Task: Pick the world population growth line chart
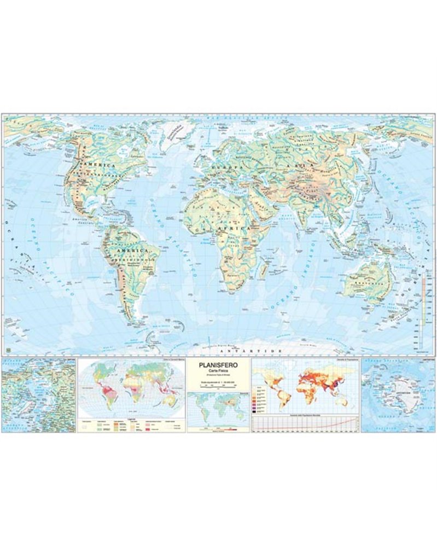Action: (x=305, y=423)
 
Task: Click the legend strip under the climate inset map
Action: (x=131, y=424)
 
